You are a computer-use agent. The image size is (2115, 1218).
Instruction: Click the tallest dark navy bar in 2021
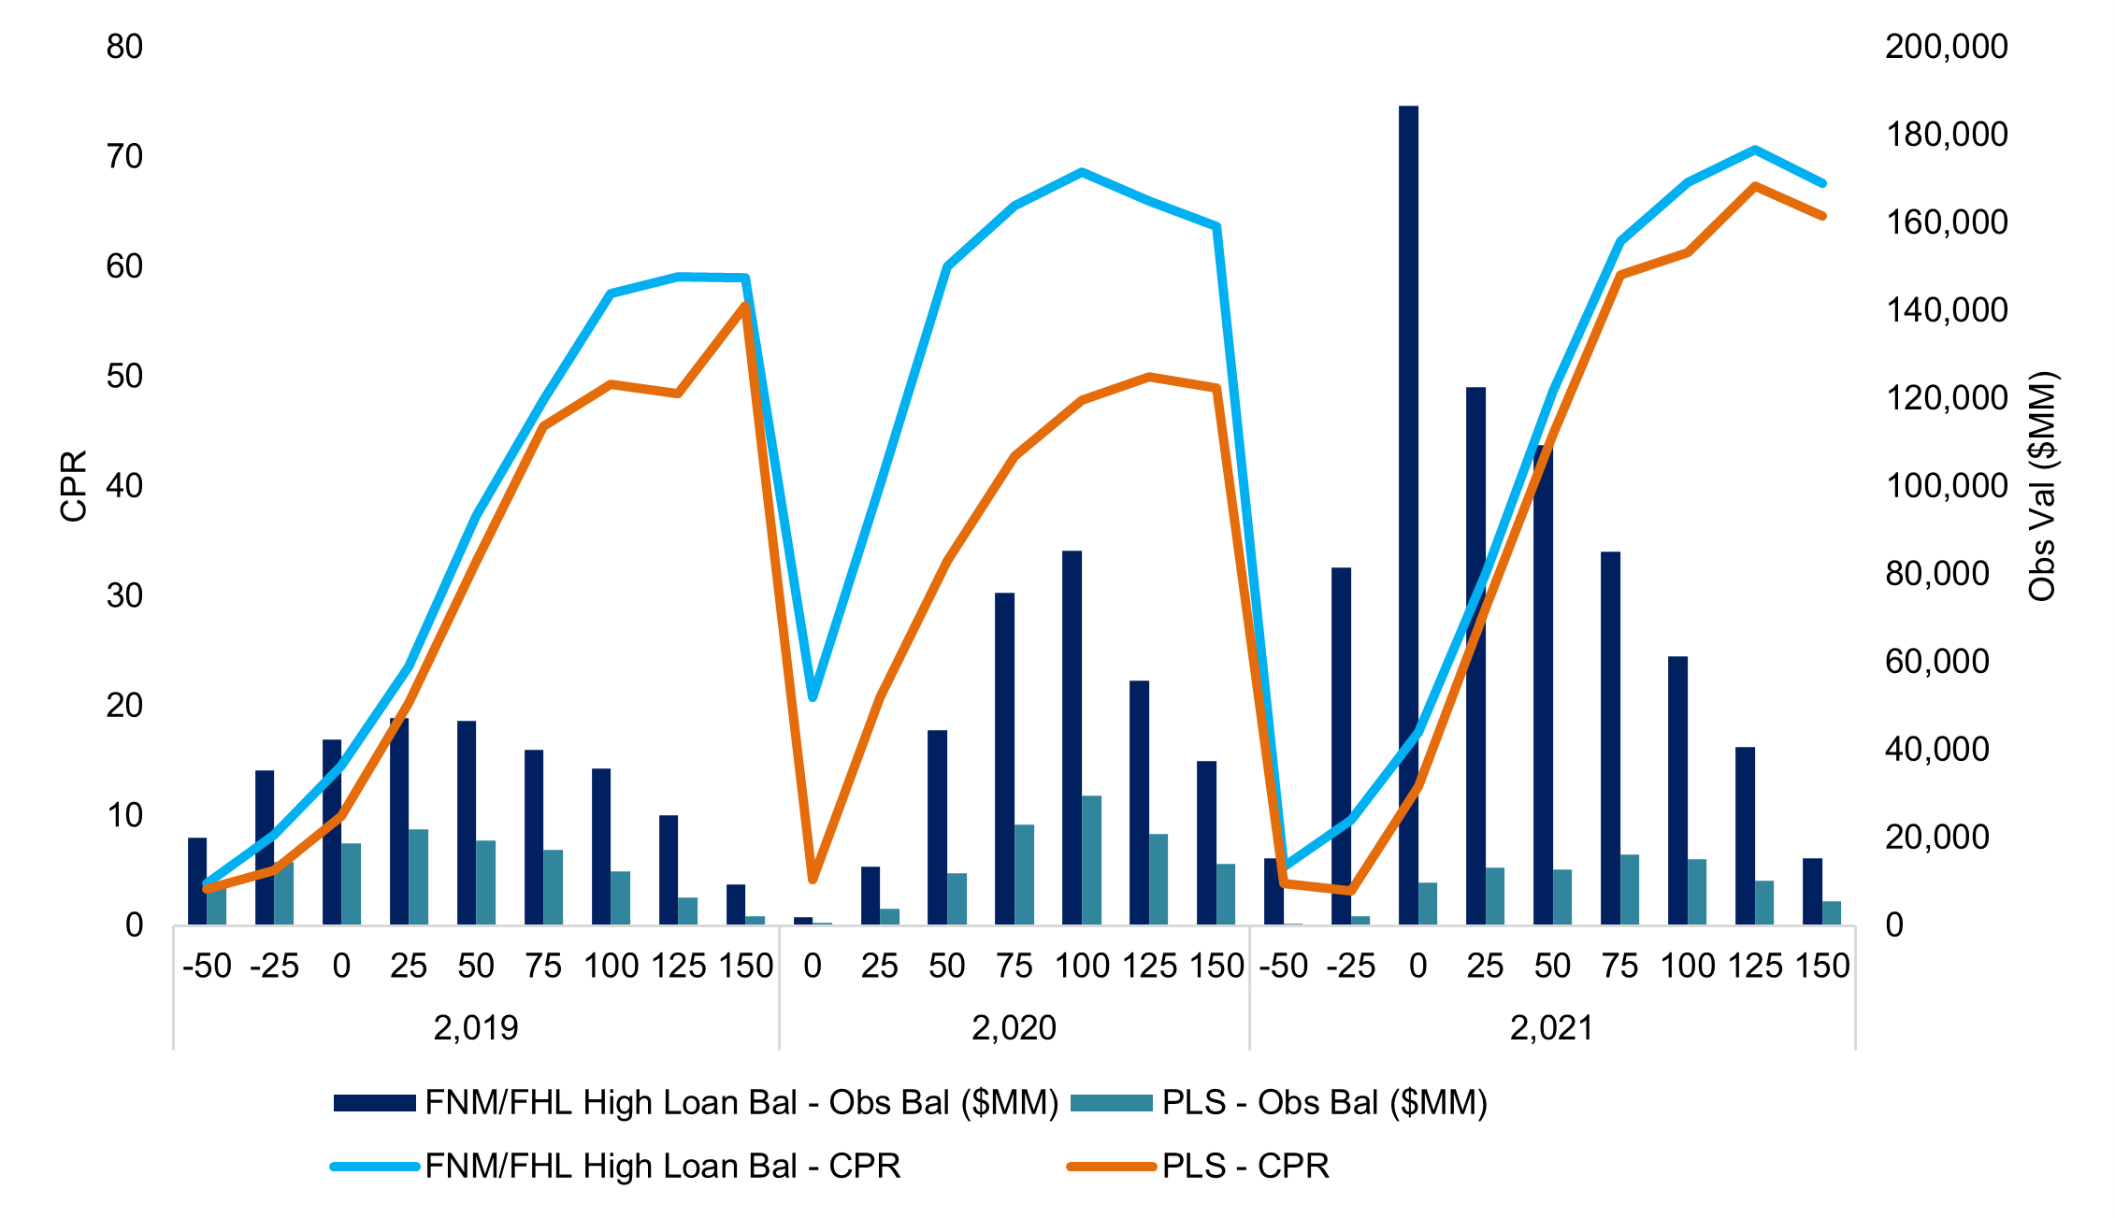[x=1408, y=514]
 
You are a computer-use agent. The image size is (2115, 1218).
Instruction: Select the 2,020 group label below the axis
[x=1014, y=1028]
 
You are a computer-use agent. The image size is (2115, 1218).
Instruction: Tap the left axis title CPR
[x=73, y=485]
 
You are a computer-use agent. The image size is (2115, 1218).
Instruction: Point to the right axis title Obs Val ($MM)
[x=2042, y=486]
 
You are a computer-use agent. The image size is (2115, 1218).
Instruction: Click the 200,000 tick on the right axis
[x=1946, y=47]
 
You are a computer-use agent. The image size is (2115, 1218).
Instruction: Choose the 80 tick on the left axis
[x=124, y=47]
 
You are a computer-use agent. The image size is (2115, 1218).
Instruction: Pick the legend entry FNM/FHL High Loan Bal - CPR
[x=662, y=1167]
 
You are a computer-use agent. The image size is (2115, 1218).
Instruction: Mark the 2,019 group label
[x=476, y=1028]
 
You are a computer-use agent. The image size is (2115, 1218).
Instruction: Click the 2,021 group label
[x=1552, y=1028]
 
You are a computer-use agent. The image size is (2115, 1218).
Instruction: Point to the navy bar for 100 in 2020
[x=1072, y=738]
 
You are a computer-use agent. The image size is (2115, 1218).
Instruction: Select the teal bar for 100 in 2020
[x=1092, y=860]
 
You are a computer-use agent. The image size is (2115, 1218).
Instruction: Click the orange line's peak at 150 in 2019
[x=746, y=306]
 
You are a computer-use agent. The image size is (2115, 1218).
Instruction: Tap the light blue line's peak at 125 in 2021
[x=1755, y=150]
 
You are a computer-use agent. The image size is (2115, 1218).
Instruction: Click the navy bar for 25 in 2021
[x=1475, y=654]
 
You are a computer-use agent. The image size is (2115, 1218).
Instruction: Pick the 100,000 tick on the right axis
[x=1946, y=486]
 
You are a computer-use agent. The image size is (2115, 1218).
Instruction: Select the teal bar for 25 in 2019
[x=418, y=877]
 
